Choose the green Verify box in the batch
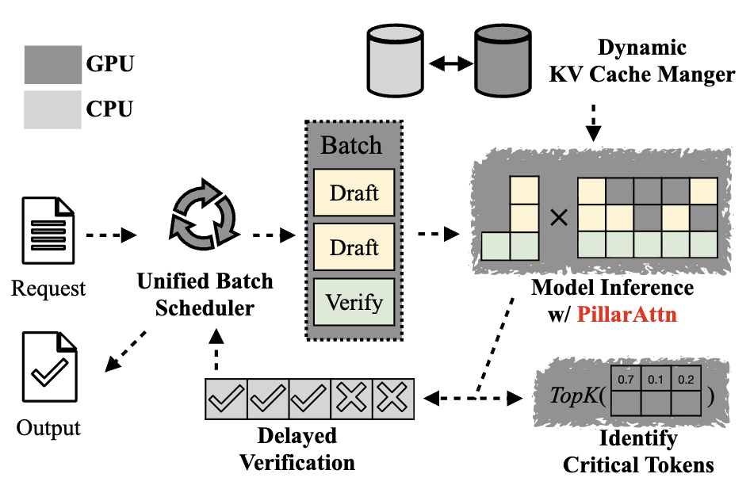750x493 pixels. (x=354, y=301)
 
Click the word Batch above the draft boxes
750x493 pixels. (x=351, y=145)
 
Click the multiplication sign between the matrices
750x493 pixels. (x=558, y=216)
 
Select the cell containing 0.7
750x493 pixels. (x=625, y=380)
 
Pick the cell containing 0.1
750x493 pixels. (x=655, y=380)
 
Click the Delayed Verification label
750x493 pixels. (x=297, y=448)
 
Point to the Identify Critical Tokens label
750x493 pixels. (x=637, y=450)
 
